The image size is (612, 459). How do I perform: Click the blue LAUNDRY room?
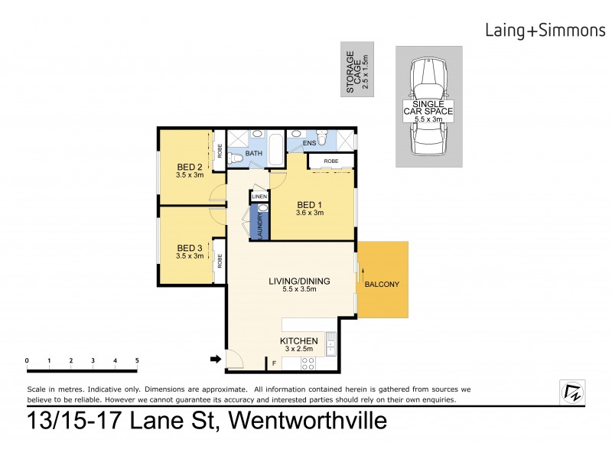click(x=261, y=223)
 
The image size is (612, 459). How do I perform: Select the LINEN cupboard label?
click(x=259, y=197)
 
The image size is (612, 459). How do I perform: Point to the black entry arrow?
click(x=216, y=358)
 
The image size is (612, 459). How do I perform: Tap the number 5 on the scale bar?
click(x=137, y=360)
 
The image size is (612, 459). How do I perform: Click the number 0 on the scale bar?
click(x=27, y=360)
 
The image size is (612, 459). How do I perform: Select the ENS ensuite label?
click(x=310, y=143)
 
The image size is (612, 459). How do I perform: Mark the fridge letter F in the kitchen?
click(x=275, y=363)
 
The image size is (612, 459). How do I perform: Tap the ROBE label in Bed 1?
click(x=330, y=161)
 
